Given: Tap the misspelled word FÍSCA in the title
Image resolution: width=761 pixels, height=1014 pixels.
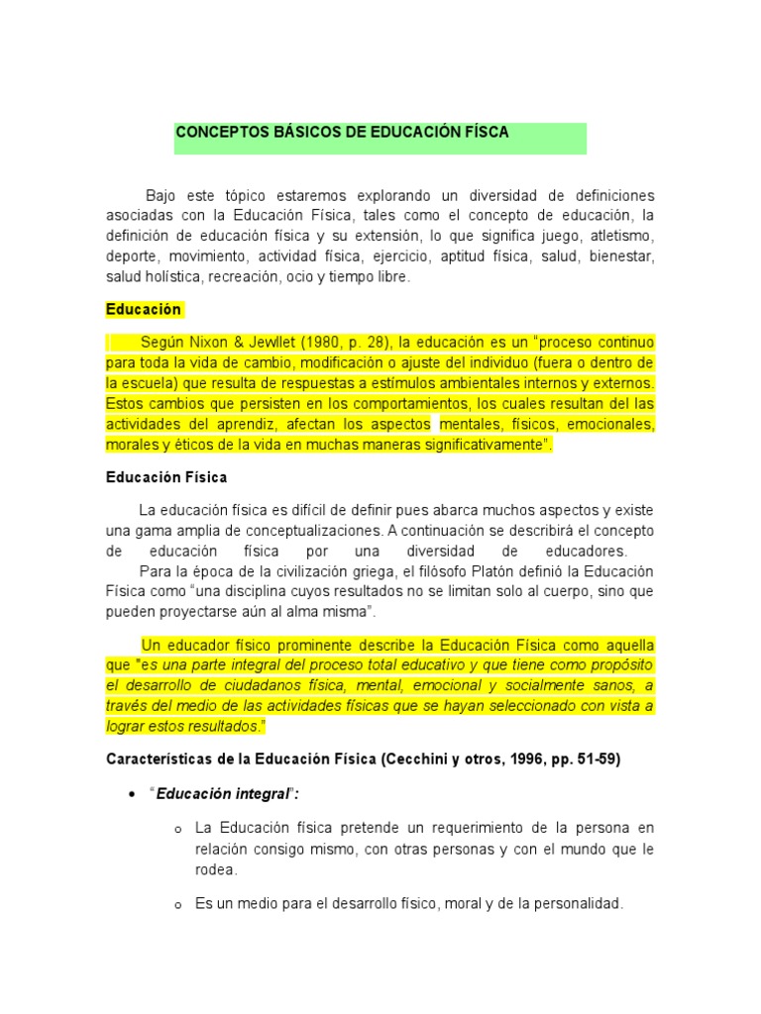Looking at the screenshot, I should [484, 132].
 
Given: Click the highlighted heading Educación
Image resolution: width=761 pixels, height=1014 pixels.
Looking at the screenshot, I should [144, 309].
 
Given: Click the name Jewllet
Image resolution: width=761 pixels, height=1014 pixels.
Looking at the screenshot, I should [267, 343].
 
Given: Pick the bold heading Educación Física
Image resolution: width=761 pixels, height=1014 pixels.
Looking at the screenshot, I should [166, 477].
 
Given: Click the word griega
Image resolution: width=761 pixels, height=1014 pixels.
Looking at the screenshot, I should [371, 572].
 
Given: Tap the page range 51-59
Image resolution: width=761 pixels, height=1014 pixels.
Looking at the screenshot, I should [598, 760].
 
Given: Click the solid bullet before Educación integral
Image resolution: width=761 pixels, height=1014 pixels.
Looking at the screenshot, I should [132, 794].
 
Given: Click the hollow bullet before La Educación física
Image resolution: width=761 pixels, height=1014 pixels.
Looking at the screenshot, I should [174, 829].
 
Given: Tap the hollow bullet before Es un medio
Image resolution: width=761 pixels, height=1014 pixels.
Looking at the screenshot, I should [174, 904].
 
